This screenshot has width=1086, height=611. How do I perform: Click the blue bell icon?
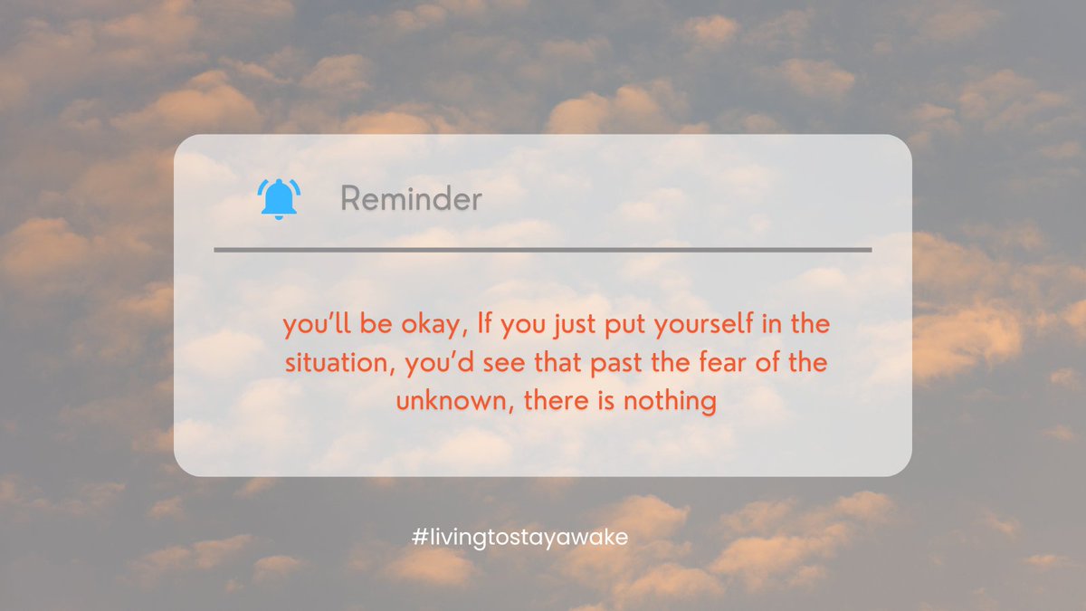click(279, 198)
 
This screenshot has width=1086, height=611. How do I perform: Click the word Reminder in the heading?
click(411, 199)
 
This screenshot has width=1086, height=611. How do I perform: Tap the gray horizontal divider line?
click(543, 249)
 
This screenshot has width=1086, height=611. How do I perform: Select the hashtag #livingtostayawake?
click(519, 537)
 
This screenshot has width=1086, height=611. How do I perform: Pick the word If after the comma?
click(471, 324)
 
